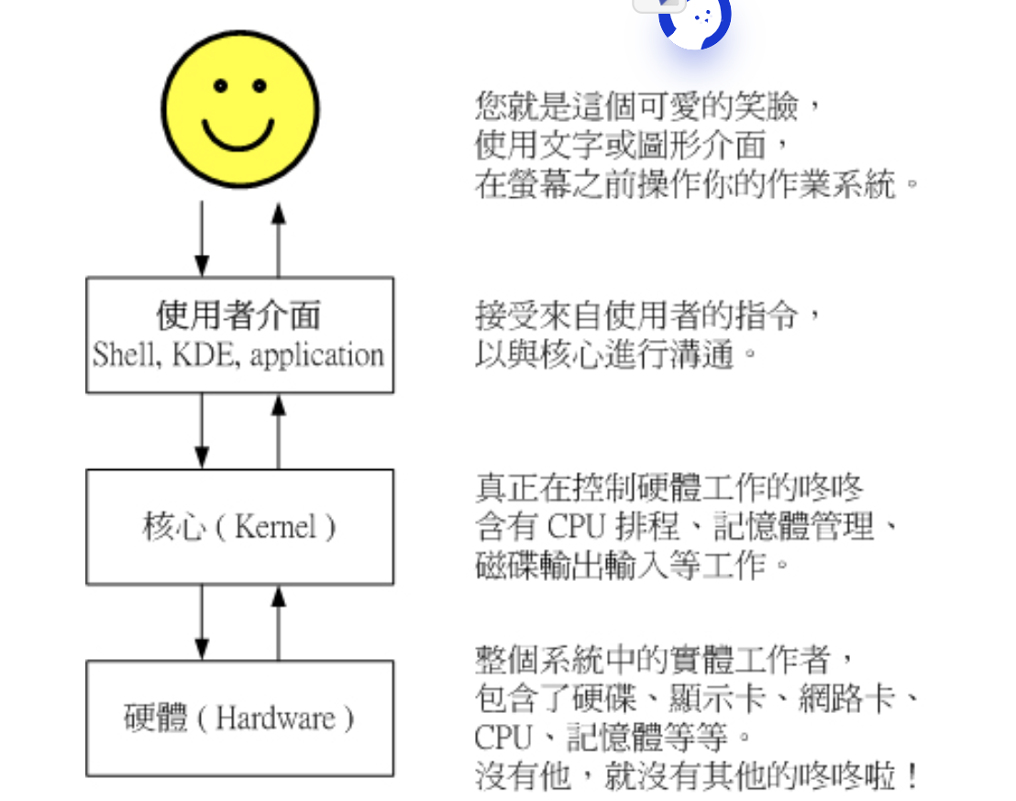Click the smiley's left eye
220,86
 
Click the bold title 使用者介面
238,316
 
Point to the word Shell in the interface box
116,355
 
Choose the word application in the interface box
316,356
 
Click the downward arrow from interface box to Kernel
202,431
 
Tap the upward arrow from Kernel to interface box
279,431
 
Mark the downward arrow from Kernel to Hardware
202,622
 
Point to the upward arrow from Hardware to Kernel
279,622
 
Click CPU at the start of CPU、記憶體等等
499,737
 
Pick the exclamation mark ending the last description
910,777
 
